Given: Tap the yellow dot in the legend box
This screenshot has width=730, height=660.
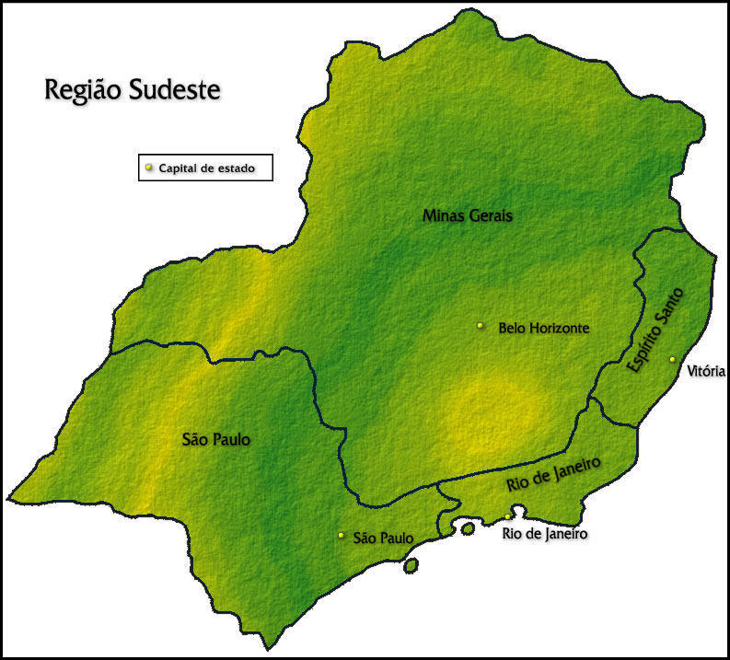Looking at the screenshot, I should pyautogui.click(x=149, y=168).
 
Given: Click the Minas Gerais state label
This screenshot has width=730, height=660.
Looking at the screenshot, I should pyautogui.click(x=467, y=215).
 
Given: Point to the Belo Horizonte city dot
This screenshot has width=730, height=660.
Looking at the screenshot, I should pyautogui.click(x=480, y=325).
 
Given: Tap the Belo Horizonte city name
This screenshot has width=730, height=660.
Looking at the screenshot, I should pyautogui.click(x=543, y=327).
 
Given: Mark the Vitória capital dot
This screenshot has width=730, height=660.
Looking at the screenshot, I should pyautogui.click(x=672, y=359).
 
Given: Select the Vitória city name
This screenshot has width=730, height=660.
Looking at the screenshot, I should pyautogui.click(x=706, y=372).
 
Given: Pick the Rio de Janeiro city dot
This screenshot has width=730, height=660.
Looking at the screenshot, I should pyautogui.click(x=507, y=517).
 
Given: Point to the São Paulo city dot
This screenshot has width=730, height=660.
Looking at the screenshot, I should pyautogui.click(x=341, y=535).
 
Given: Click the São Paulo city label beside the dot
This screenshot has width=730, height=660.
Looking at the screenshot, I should pyautogui.click(x=383, y=538).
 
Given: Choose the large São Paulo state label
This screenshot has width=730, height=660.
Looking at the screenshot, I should pyautogui.click(x=216, y=440).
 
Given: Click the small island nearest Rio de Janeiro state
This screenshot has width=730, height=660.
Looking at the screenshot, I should pyautogui.click(x=468, y=529).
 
